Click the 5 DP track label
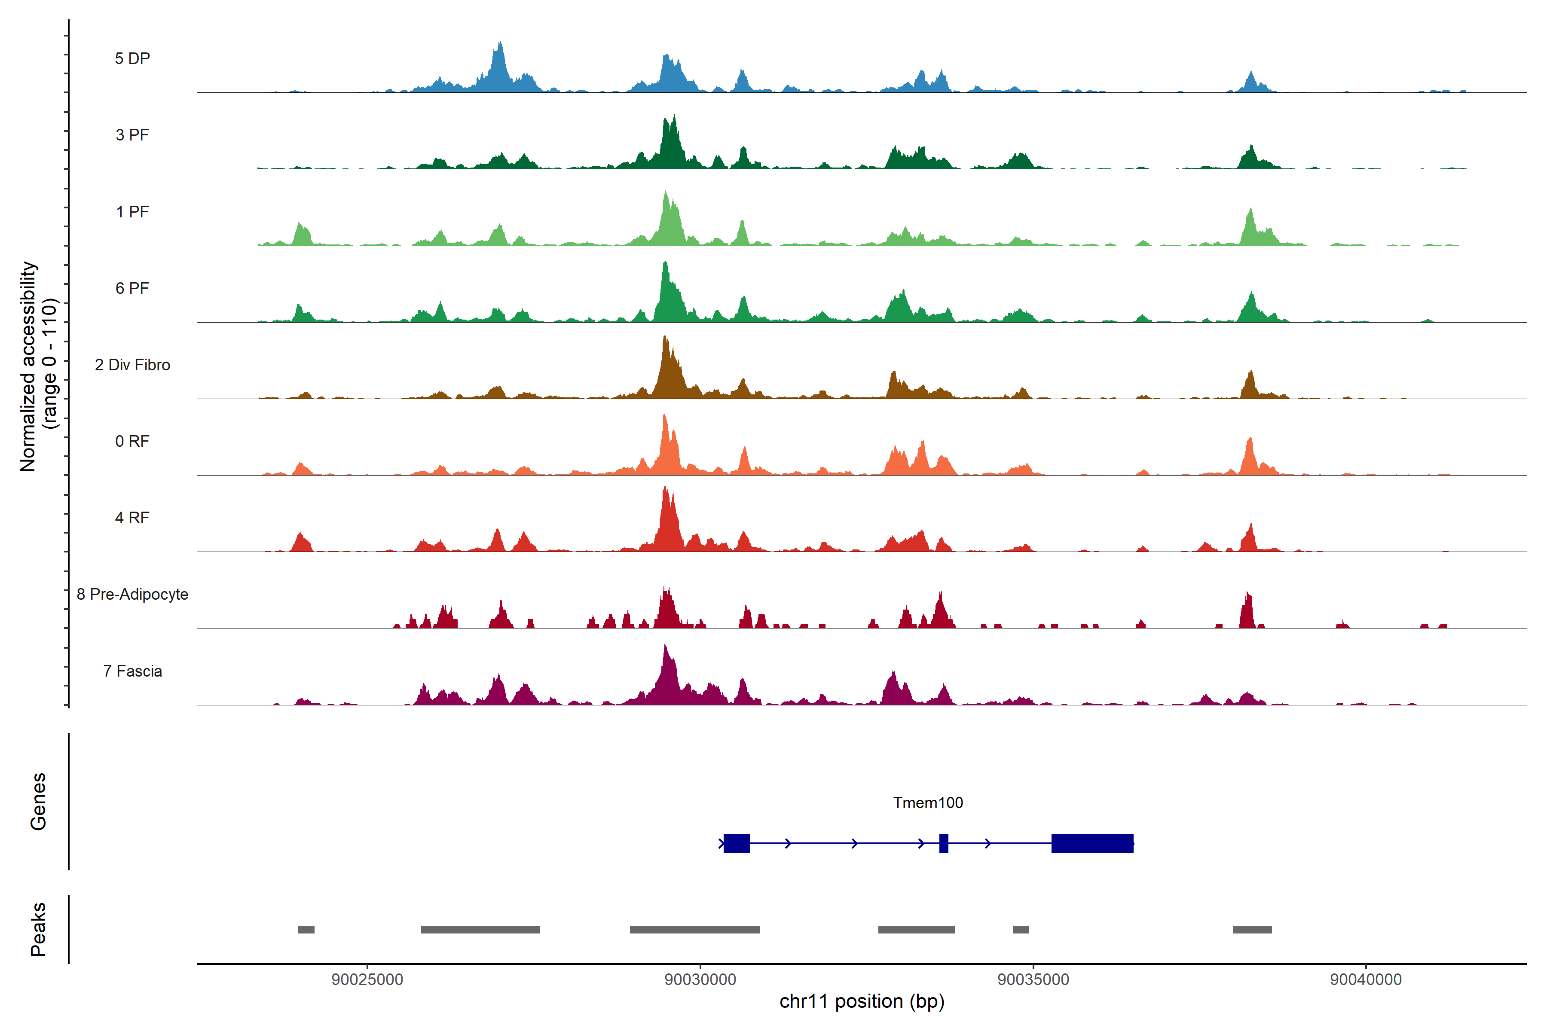pos(132,58)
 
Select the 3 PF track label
pos(132,135)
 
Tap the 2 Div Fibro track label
pos(132,365)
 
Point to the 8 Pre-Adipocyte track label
pos(132,595)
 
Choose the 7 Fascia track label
pos(132,671)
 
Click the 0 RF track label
pos(132,441)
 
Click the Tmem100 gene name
pos(927,803)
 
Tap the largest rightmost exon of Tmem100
pos(1092,843)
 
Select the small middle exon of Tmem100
pos(943,843)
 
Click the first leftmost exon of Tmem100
pos(736,843)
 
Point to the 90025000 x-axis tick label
pos(367,980)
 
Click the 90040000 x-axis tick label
pos(1366,980)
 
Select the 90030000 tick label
pos(700,980)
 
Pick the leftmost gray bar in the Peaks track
pos(306,930)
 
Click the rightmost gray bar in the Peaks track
pos(1252,930)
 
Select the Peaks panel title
pos(38,929)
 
